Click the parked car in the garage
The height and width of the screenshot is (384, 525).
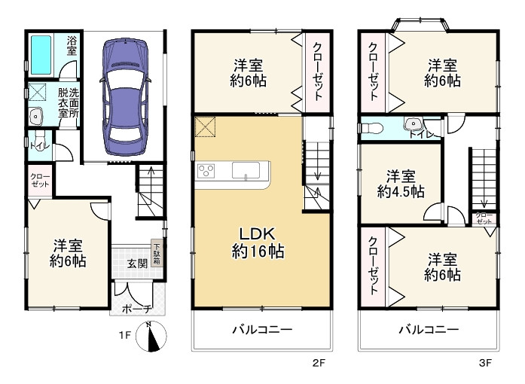pos(124,97)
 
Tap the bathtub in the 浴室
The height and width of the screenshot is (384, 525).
pos(41,55)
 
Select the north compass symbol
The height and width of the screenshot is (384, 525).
pos(151,336)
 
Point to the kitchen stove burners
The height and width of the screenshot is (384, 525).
pos(206,171)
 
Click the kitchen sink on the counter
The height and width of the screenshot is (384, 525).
pos(246,170)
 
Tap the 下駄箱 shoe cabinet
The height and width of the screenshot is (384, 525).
pos(157,254)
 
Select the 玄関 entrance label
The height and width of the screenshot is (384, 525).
pos(137,264)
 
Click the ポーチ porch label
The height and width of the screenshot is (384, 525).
pos(137,309)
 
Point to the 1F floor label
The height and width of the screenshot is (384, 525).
pos(124,335)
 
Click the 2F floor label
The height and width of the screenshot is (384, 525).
pos(319,362)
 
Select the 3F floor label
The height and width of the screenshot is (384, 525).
pos(485,362)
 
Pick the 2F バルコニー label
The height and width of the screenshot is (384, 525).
pos(262,330)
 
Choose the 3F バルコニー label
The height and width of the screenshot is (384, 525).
pos(429,330)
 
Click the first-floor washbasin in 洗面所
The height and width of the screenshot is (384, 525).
pos(35,116)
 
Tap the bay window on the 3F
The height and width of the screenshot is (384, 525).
pos(421,25)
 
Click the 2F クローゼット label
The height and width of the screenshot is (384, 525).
pos(317,72)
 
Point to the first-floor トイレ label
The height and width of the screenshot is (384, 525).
pos(39,146)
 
